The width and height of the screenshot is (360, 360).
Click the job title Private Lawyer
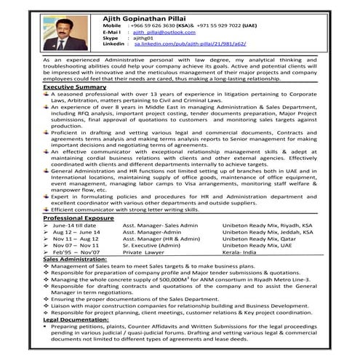tap(143, 252)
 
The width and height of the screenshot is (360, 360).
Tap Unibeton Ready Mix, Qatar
tap(258, 239)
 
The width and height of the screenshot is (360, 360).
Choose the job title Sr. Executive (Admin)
tap(151, 246)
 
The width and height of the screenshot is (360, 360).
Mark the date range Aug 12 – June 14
tap(74, 232)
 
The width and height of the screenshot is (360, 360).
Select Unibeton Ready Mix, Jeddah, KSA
tap(265, 232)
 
